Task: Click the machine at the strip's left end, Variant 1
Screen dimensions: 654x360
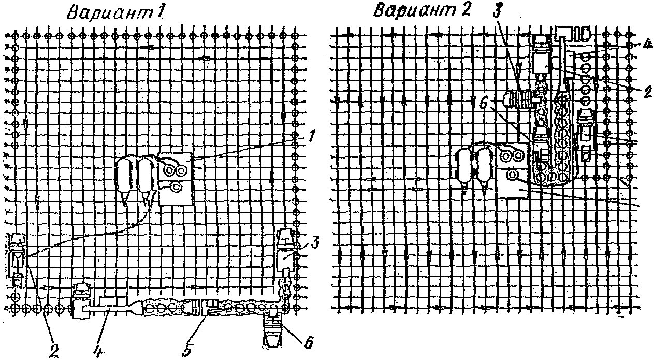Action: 81,300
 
